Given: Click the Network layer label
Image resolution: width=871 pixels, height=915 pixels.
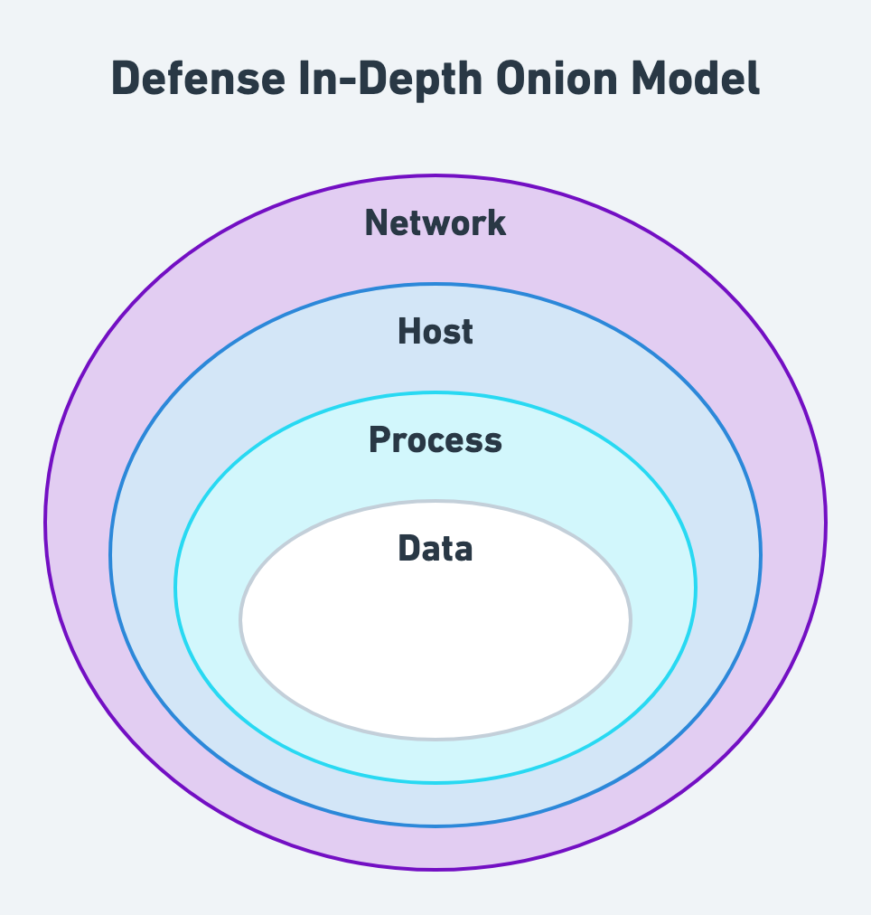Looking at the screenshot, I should click(x=435, y=223).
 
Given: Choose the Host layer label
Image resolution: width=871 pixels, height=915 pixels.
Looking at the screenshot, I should click(x=435, y=332).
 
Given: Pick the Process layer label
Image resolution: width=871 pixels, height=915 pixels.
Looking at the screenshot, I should click(x=435, y=440).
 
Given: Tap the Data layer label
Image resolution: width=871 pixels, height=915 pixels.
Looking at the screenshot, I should click(x=435, y=549).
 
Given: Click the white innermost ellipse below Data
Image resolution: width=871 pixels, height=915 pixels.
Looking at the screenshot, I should click(x=435, y=651).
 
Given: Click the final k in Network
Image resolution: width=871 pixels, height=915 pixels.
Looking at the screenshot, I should click(x=496, y=223).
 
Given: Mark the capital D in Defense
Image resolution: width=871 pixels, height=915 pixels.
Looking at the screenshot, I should click(x=126, y=79).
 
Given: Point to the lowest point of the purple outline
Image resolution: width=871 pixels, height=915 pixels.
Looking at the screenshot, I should click(x=435, y=869).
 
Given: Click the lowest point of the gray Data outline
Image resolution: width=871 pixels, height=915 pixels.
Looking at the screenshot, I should click(x=435, y=739).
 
